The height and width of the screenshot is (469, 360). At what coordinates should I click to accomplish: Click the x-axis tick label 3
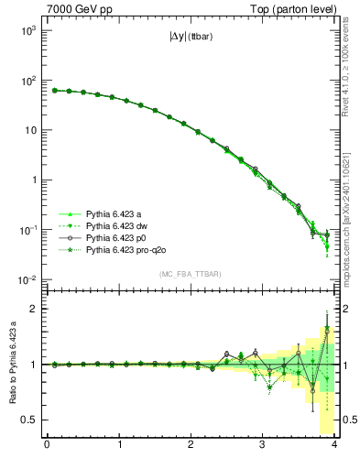pyautogui.click(x=263, y=447)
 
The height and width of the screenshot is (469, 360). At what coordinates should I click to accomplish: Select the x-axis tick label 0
pyautogui.click(x=47, y=447)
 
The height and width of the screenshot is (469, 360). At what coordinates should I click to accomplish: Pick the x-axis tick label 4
pyautogui.click(x=334, y=447)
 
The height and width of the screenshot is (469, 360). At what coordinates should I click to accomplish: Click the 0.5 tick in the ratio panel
pyautogui.click(x=30, y=420)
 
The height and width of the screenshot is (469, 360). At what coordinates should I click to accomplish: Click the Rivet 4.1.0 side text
pyautogui.click(x=351, y=73)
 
